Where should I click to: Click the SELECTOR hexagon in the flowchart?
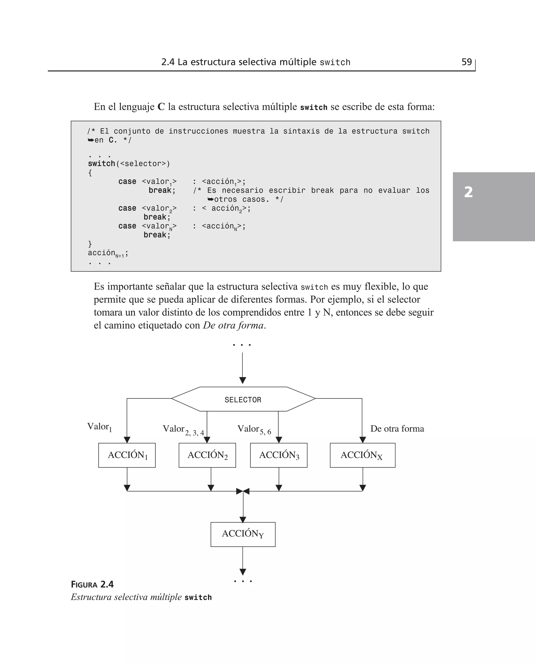coord(243,399)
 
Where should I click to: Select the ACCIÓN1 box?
coord(127,455)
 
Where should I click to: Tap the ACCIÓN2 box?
coord(207,455)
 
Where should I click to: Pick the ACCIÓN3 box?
coord(279,455)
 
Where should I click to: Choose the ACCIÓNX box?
coord(362,455)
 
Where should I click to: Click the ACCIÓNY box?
coord(243,534)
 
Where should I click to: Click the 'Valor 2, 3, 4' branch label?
coord(183,430)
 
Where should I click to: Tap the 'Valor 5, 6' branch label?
coord(254,430)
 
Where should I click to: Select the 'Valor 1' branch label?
coord(99,427)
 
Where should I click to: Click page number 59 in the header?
coord(467,62)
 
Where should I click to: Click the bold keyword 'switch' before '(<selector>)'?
coord(101,163)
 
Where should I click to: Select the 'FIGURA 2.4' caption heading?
coord(92,584)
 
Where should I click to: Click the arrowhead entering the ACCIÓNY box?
coord(243,519)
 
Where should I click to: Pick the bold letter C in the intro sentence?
coord(161,107)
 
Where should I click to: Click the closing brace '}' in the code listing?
coord(90,244)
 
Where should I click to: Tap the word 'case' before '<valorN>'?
coord(127,226)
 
